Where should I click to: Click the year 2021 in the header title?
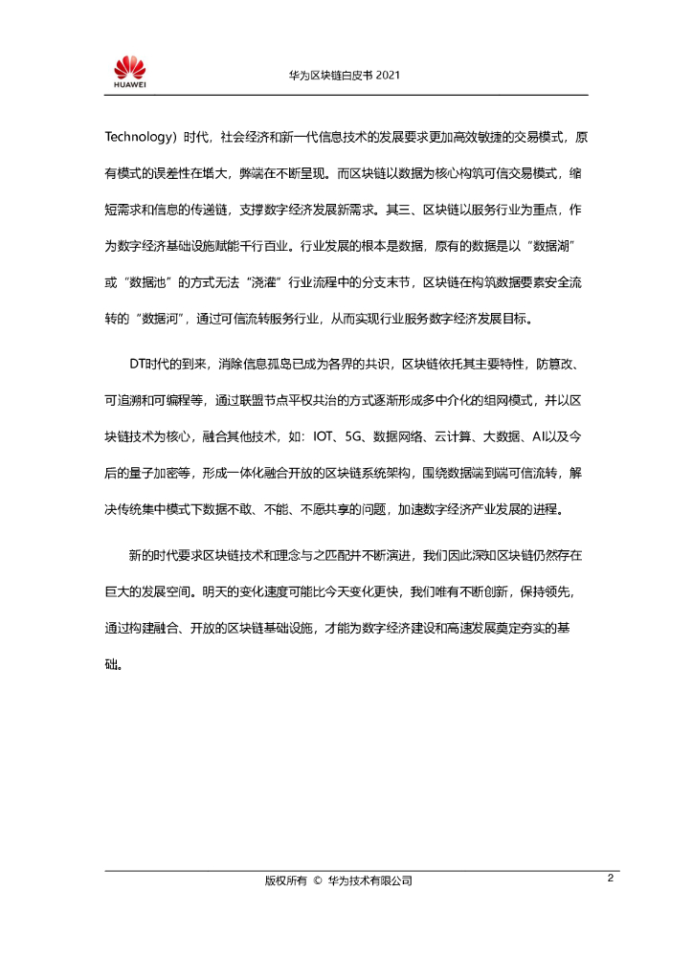pos(387,75)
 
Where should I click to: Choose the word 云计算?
pos(445,436)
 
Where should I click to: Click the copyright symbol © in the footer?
pos(316,881)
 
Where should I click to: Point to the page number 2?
pos(609,880)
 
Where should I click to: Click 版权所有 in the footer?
pos(284,881)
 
